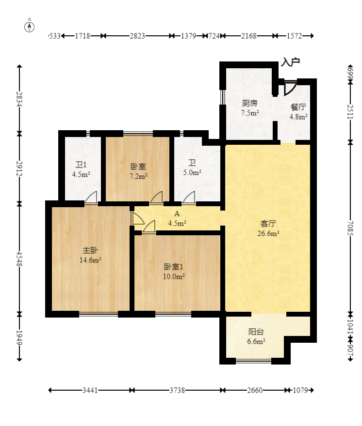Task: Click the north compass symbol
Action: coord(30,26)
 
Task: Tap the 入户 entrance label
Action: coord(290,62)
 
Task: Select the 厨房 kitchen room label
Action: coord(249,103)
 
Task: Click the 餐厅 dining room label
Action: coord(298,107)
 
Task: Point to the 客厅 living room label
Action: coord(268,224)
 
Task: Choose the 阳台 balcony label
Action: coord(256,332)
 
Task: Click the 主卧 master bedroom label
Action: coord(90,250)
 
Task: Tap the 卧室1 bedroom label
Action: coord(174,267)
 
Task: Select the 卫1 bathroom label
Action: coord(80,164)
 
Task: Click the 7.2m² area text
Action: coord(138,176)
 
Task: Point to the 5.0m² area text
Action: coord(192,172)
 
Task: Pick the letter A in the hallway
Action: coord(177,213)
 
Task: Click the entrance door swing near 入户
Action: coord(290,88)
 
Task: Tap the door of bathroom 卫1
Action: coord(91,197)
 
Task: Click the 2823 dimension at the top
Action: coord(137,36)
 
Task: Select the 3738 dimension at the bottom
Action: coord(177,390)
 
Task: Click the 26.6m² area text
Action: coord(268,234)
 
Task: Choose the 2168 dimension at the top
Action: coord(249,36)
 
